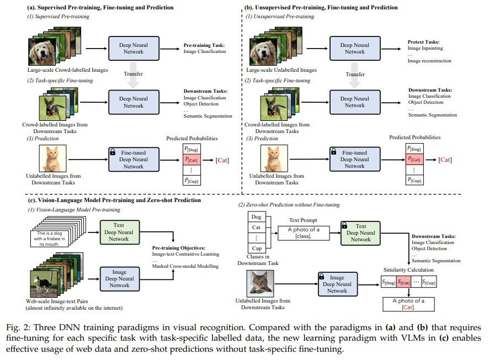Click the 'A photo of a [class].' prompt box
tap(304, 233)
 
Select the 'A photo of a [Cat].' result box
tap(408, 304)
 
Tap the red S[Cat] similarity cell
tap(404, 282)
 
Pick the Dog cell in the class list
tap(256, 217)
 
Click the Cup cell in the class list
tap(256, 248)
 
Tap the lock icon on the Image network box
tap(322, 277)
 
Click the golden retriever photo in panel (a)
tap(42, 51)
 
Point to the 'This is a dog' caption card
tap(49, 239)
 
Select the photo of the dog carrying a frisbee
tap(44, 283)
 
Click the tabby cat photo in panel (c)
tap(261, 283)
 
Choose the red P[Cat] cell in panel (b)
tap(414, 159)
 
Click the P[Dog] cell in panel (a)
tap(192, 149)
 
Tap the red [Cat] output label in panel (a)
tap(222, 160)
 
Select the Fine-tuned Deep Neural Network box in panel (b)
tap(355, 160)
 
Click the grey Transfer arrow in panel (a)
tap(133, 75)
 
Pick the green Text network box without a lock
tap(119, 232)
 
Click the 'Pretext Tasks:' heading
tap(423, 42)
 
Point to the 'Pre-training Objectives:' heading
tap(179, 248)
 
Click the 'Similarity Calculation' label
tap(408, 270)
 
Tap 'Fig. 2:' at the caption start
tap(18, 328)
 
